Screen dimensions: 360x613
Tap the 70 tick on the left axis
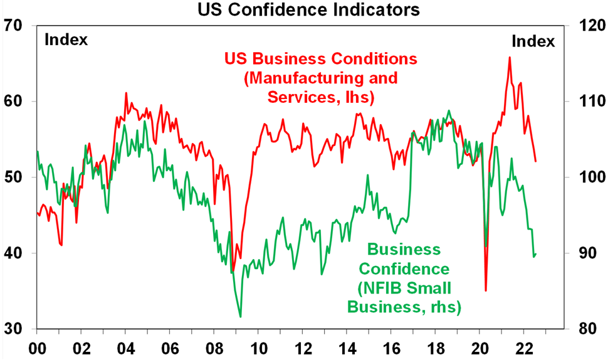pyautogui.click(x=14, y=26)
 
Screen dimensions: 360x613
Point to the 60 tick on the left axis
pyautogui.click(x=14, y=102)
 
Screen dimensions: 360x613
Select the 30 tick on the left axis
pyautogui.click(x=14, y=329)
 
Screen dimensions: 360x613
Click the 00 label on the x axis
pyautogui.click(x=37, y=347)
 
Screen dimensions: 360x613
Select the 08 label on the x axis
pyautogui.click(x=214, y=347)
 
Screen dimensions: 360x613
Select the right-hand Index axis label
pyautogui.click(x=533, y=41)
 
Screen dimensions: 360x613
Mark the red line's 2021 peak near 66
pyautogui.click(x=510, y=57)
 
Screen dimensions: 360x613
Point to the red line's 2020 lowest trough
pyautogui.click(x=486, y=290)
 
